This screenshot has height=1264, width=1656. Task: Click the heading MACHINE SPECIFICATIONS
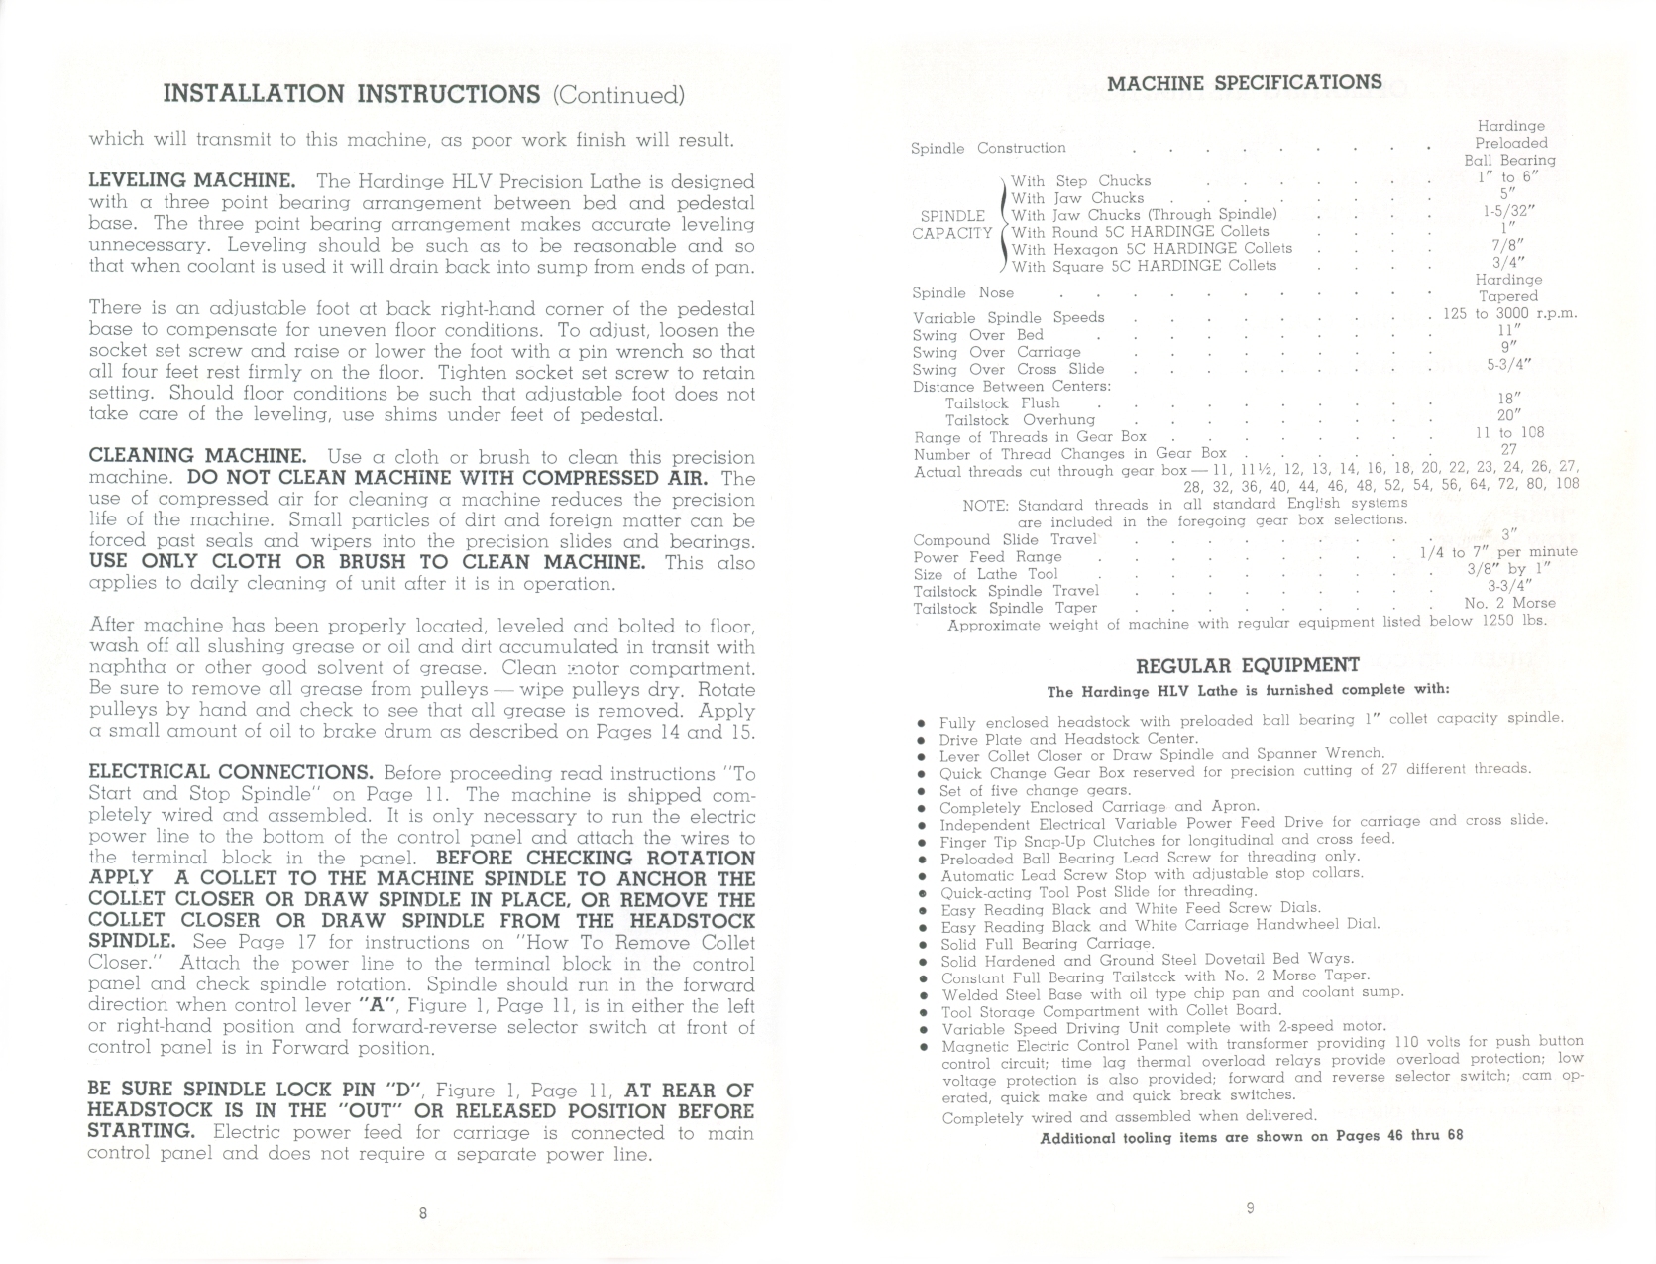(1244, 83)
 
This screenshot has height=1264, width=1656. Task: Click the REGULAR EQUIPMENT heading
(1247, 665)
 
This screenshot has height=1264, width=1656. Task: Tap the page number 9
(1250, 1208)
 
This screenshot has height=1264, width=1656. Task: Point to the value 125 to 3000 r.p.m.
(1509, 314)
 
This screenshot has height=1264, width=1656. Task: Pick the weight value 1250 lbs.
(1513, 621)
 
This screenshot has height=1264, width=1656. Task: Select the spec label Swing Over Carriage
(996, 352)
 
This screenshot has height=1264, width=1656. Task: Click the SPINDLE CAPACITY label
(952, 225)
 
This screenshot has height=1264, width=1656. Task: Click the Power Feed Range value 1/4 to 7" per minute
(1498, 552)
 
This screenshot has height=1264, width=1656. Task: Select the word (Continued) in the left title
(618, 95)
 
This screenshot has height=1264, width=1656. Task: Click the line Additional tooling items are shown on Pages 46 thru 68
(1251, 1136)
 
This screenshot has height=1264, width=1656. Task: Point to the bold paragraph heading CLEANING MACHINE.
(197, 456)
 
